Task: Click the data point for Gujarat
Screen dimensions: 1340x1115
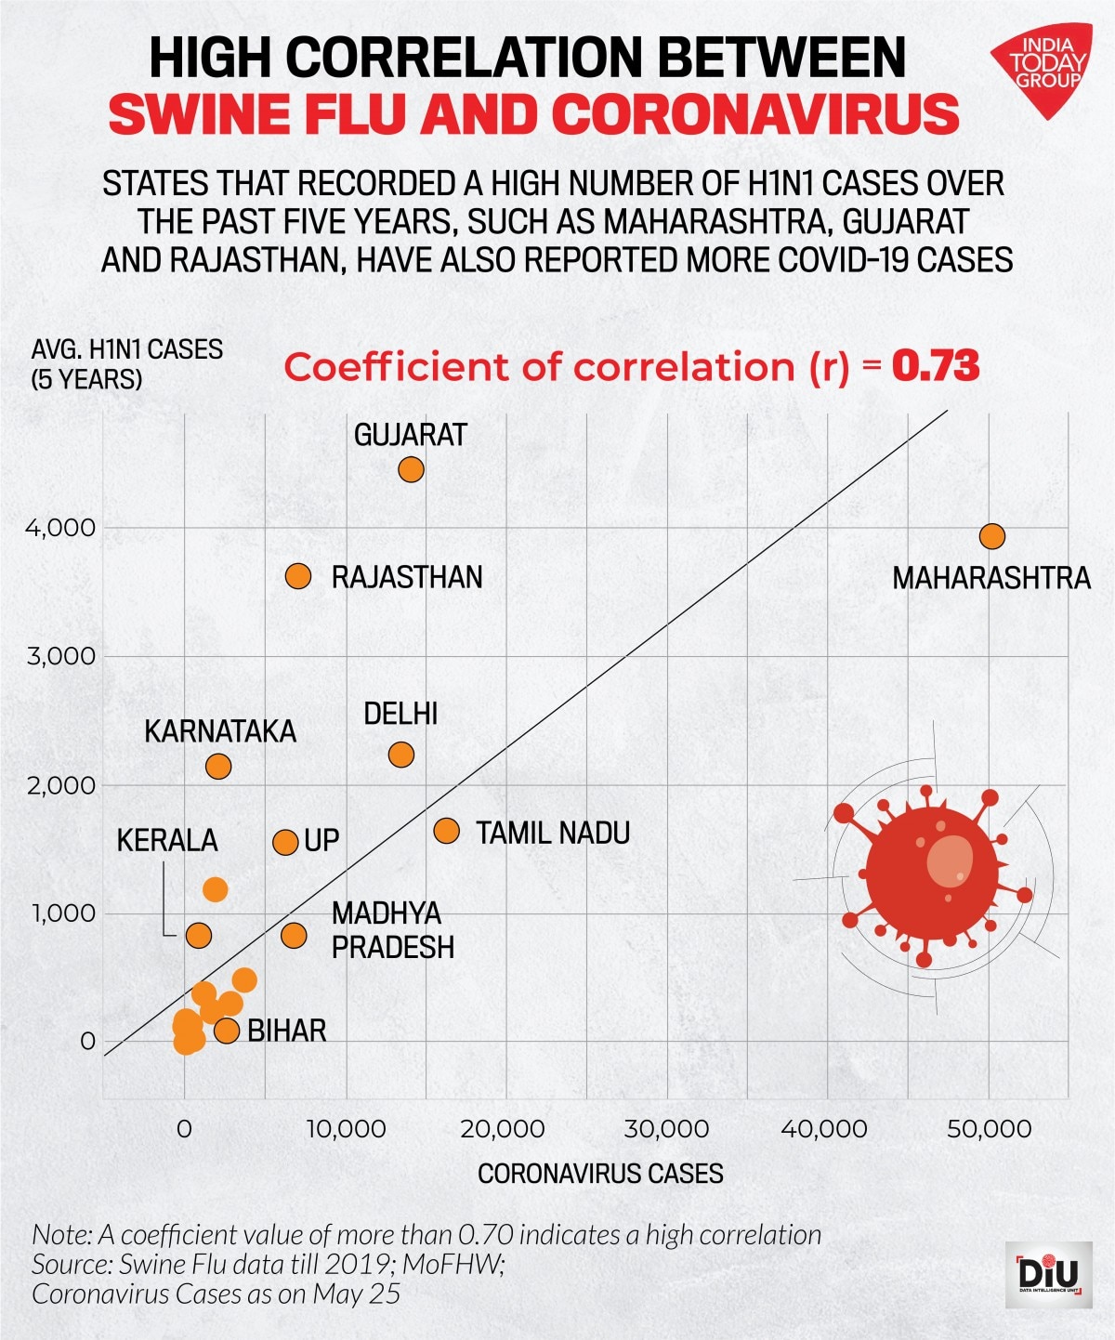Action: [x=411, y=469]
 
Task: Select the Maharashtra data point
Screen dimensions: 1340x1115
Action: [x=992, y=536]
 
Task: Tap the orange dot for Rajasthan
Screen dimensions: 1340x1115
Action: [x=297, y=576]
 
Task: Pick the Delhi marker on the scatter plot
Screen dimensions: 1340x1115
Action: [x=400, y=755]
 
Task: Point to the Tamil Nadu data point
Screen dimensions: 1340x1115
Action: [x=446, y=831]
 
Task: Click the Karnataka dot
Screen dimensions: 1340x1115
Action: [x=217, y=767]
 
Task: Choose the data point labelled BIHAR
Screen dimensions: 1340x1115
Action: [x=227, y=1030]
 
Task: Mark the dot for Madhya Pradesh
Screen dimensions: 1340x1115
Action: [x=294, y=935]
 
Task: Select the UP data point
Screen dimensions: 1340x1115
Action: [x=285, y=842]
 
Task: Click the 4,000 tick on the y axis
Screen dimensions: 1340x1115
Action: [x=61, y=528]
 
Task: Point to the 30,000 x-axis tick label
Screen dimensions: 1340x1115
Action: [x=666, y=1129]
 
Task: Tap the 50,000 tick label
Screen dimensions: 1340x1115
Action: [x=989, y=1129]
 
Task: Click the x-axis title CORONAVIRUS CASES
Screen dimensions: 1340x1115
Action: [x=600, y=1174]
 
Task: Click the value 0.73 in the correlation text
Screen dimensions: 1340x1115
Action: [x=936, y=366]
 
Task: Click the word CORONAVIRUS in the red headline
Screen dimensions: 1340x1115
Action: [x=754, y=114]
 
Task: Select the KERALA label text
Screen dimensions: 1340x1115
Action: [x=167, y=840]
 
